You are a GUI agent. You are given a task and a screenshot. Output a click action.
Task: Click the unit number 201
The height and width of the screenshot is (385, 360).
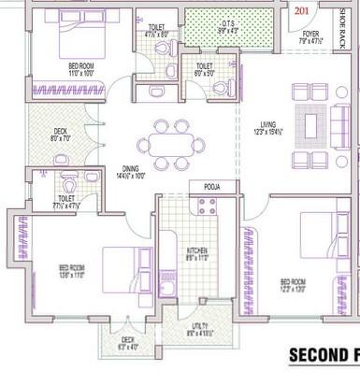click(x=299, y=11)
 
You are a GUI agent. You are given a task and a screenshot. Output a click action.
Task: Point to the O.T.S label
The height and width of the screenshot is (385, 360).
click(x=227, y=23)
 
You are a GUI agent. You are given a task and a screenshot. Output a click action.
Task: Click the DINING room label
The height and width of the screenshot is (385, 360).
click(x=129, y=167)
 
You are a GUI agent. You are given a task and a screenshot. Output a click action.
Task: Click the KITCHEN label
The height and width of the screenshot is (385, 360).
click(x=196, y=250)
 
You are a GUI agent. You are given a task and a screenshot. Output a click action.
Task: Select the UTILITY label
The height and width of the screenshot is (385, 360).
click(x=200, y=326)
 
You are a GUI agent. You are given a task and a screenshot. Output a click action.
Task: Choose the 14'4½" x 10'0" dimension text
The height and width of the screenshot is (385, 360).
click(x=129, y=176)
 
